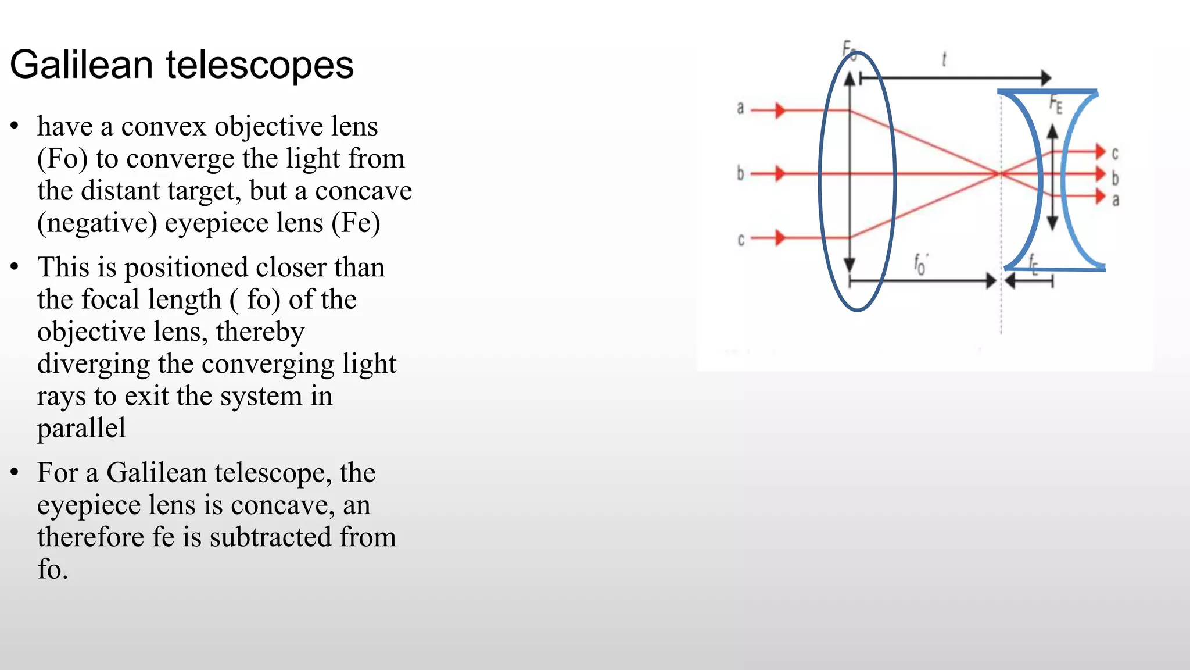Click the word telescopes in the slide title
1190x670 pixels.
[260, 66]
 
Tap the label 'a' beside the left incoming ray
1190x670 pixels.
[740, 108]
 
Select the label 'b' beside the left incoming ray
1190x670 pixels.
[740, 173]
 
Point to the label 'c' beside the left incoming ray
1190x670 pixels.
[741, 239]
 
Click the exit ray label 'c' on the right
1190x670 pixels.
[1115, 154]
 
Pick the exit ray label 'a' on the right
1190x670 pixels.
[1116, 200]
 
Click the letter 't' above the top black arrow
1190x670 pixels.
[944, 59]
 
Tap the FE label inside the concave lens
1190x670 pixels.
[1056, 105]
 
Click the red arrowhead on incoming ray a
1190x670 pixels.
[780, 110]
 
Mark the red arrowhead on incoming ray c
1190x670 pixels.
[780, 237]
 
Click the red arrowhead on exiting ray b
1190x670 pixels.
[1099, 173]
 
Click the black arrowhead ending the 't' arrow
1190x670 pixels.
[1045, 77]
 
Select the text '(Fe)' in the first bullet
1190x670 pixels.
[356, 223]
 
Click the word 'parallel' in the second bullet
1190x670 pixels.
[81, 428]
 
